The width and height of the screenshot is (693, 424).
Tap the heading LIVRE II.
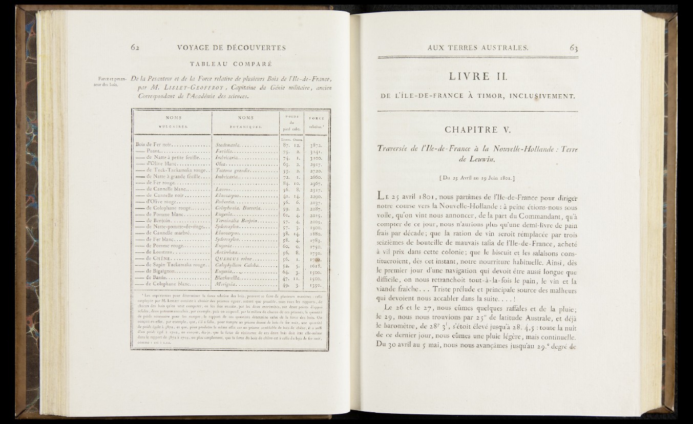pos(477,77)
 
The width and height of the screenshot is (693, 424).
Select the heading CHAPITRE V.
pos(477,125)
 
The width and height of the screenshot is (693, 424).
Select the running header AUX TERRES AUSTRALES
pos(477,49)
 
